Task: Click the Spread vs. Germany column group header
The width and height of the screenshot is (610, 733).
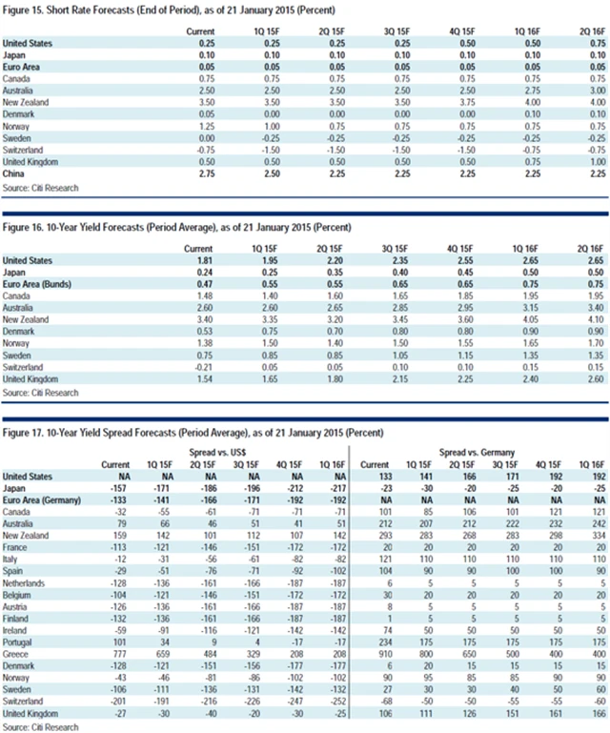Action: point(481,451)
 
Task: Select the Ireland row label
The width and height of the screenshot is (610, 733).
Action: point(17,628)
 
